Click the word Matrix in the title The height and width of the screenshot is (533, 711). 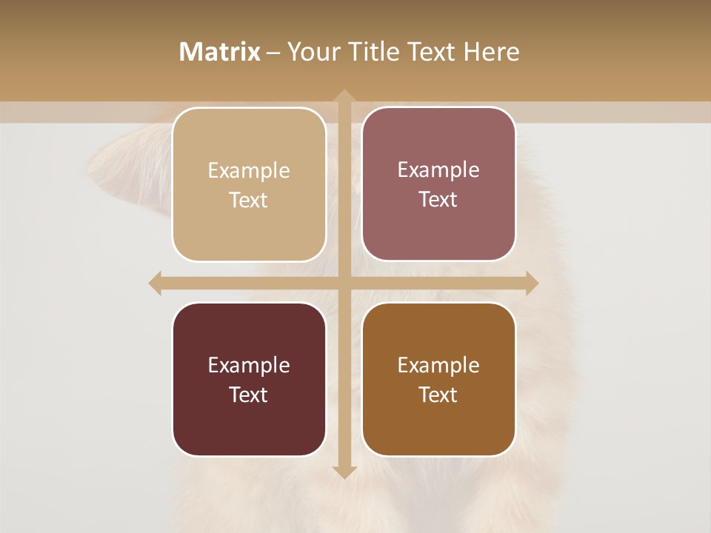tap(220, 52)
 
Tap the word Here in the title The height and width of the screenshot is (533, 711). tap(491, 52)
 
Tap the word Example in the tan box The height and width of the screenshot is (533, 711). tap(249, 171)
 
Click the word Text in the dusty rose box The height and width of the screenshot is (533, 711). tap(438, 200)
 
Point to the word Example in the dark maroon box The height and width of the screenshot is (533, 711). tap(249, 366)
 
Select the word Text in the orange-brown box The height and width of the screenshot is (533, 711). tap(438, 395)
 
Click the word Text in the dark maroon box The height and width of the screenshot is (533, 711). tap(249, 395)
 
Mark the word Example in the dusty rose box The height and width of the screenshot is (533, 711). tap(438, 170)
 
